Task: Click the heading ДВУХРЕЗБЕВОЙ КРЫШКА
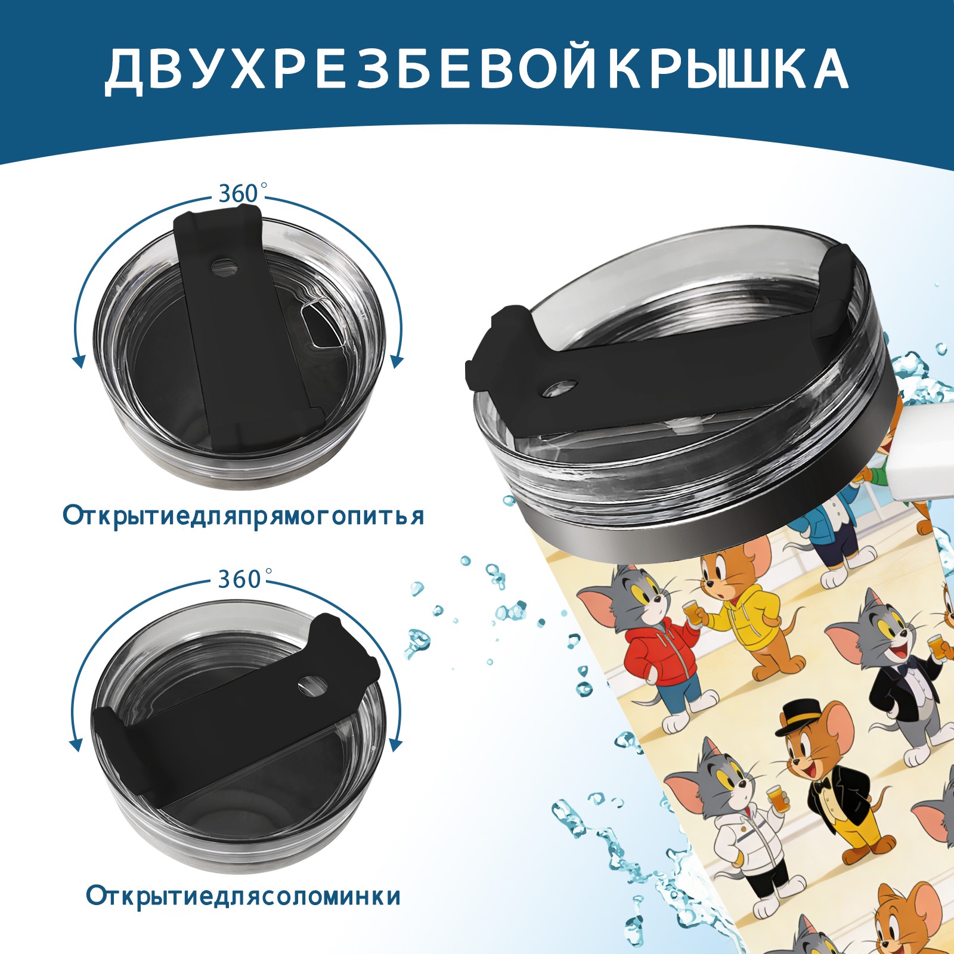coord(476,69)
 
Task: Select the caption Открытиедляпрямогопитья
coord(243,516)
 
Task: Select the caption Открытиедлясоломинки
coord(243,896)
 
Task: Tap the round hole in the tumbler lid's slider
coord(560,388)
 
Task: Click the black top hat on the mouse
coord(798,719)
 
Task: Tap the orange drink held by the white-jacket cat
coord(775,798)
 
